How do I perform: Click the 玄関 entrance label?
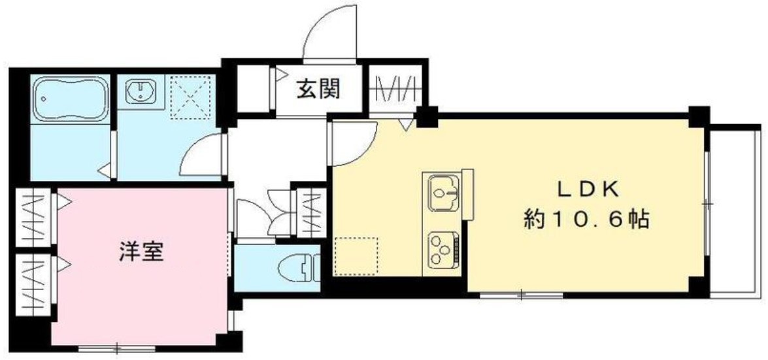click(319, 89)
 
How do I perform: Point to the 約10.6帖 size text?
click(586, 220)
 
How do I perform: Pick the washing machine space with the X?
click(192, 97)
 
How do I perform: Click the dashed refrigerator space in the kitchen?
click(356, 257)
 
